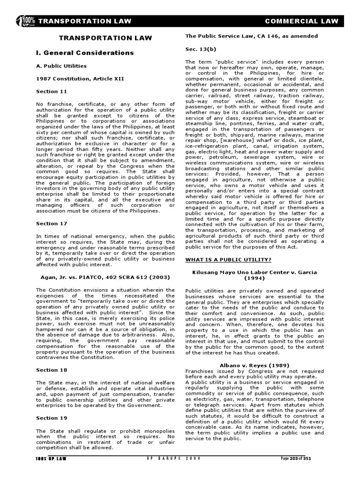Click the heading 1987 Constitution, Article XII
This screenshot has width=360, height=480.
click(x=80, y=79)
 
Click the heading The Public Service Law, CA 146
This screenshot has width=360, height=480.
click(x=251, y=36)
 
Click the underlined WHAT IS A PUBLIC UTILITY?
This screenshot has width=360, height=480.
click(x=228, y=259)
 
